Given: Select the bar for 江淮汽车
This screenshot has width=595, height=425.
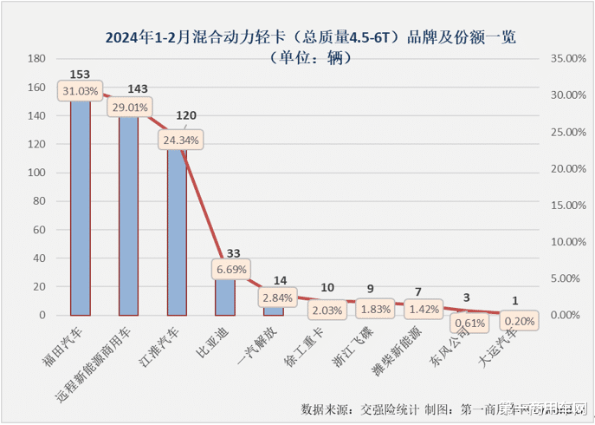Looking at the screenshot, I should click(177, 234).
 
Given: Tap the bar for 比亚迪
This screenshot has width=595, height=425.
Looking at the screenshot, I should click(225, 295).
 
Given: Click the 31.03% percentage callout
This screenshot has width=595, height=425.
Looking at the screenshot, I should click(81, 91).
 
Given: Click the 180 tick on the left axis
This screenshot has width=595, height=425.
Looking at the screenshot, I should click(36, 58).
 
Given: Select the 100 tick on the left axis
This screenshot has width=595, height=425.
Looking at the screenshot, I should click(36, 173).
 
